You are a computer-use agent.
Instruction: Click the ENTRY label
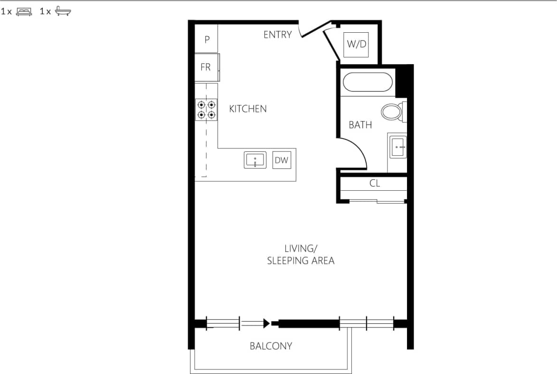(x=278, y=35)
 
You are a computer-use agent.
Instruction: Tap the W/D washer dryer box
(x=357, y=45)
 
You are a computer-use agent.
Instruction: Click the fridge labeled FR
(x=206, y=67)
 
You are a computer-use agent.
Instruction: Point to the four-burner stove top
(x=206, y=109)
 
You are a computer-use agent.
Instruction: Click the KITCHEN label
(x=248, y=109)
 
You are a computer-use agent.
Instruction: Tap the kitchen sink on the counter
(x=255, y=160)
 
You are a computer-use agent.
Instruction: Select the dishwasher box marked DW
(x=282, y=160)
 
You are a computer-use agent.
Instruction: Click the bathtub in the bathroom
(x=368, y=82)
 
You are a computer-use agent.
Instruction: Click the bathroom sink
(x=398, y=147)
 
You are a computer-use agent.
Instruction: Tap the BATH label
(x=360, y=125)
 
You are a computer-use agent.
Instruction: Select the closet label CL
(x=375, y=183)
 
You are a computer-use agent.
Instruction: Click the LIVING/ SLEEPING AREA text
(x=301, y=254)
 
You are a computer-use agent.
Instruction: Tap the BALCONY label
(x=271, y=346)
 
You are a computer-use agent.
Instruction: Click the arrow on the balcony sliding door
(x=266, y=324)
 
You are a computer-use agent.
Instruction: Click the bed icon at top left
(x=24, y=12)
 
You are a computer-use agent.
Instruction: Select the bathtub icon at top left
(x=63, y=12)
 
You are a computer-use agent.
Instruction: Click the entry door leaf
(x=315, y=29)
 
